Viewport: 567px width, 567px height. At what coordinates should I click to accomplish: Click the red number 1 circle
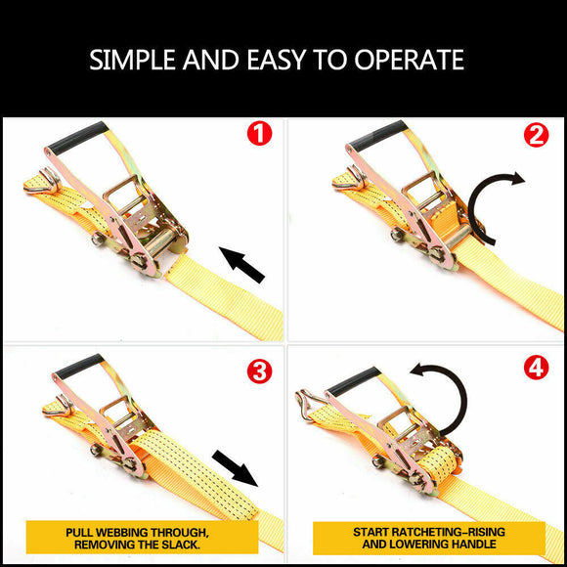pos(258,134)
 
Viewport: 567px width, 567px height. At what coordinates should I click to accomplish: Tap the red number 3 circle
pos(258,371)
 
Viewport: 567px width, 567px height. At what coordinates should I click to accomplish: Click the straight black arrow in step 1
pos(241,265)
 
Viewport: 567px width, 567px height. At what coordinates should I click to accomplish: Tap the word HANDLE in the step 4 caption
pos(471,545)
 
